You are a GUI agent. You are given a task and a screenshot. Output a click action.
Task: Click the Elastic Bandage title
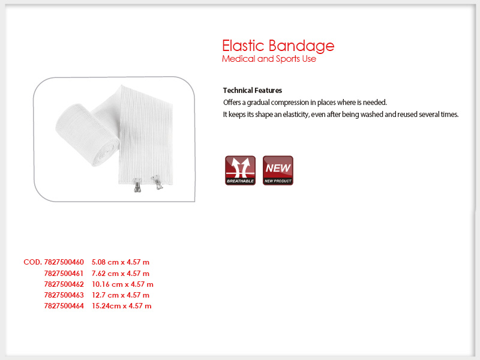[x=278, y=46]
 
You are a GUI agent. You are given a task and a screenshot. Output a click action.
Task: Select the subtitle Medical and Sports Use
[x=269, y=59]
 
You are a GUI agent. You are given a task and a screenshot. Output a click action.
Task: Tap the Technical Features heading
[x=253, y=91]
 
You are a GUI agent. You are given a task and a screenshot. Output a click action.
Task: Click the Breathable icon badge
[x=241, y=170]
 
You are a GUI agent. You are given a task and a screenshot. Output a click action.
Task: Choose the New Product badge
[x=278, y=170]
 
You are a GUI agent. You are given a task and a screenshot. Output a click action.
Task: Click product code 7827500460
[x=64, y=262]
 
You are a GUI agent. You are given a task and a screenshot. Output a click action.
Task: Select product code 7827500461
[x=64, y=274]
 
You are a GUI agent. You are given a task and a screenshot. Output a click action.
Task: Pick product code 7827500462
[x=64, y=284]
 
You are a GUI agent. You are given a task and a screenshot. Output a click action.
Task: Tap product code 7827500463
[x=64, y=295]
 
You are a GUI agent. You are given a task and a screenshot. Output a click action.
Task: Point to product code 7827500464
[x=64, y=306]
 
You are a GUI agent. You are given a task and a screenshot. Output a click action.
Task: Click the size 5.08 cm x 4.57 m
[x=121, y=262]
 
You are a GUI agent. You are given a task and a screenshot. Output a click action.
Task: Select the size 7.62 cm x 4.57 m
[x=121, y=274]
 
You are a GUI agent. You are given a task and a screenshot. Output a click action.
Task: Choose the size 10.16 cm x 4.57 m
[x=122, y=284]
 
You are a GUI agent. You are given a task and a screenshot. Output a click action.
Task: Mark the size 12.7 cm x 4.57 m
[x=121, y=295]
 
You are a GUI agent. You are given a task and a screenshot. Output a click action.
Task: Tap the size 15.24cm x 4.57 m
[x=122, y=306]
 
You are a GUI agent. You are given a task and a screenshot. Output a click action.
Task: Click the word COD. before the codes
[x=33, y=262]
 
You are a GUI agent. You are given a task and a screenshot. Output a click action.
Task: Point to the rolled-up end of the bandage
[x=87, y=135]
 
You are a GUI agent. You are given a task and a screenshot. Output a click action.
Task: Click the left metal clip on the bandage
[x=137, y=185]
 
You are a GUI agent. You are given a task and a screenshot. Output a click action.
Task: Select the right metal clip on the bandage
[x=157, y=182]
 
